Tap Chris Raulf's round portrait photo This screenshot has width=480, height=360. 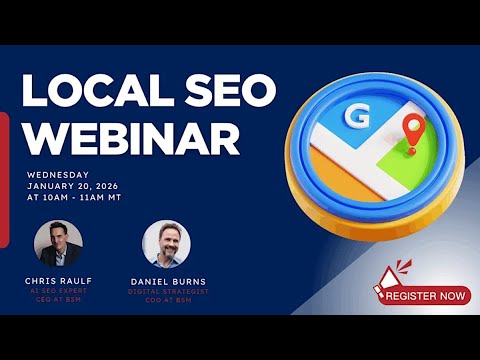coord(58,244)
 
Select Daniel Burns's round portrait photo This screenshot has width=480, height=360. coord(167,244)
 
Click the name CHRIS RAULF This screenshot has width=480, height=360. coord(57,281)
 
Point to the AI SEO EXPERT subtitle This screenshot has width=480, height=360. coord(57,290)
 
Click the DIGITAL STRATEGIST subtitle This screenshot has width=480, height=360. coord(167,292)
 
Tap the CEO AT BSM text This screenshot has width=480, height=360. coord(57,298)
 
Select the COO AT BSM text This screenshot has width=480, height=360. coord(167,300)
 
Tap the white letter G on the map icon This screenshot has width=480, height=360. coord(354,119)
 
